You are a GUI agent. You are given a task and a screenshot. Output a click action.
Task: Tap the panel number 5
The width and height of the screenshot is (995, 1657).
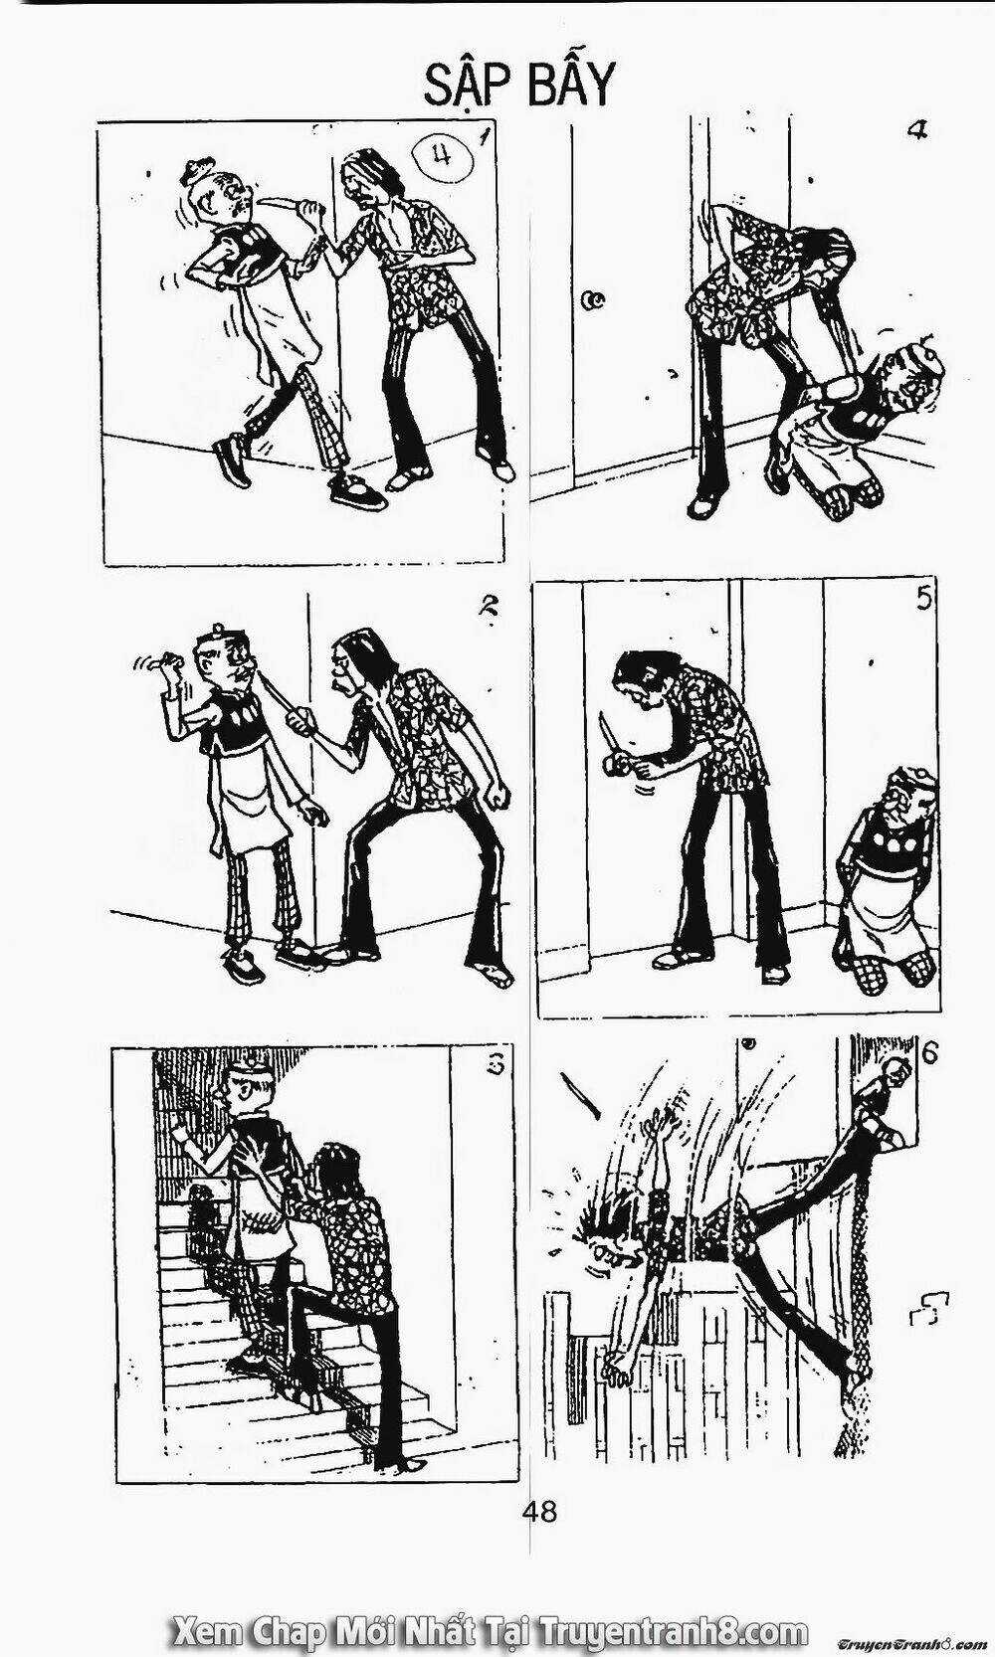[x=922, y=599]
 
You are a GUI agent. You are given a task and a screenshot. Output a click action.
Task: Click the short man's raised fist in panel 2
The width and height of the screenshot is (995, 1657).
[x=169, y=660]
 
